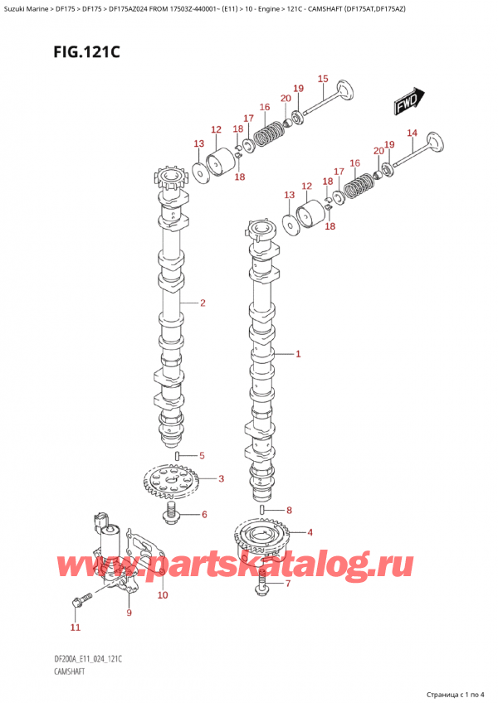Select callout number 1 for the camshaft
click(298, 354)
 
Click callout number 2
click(202, 303)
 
